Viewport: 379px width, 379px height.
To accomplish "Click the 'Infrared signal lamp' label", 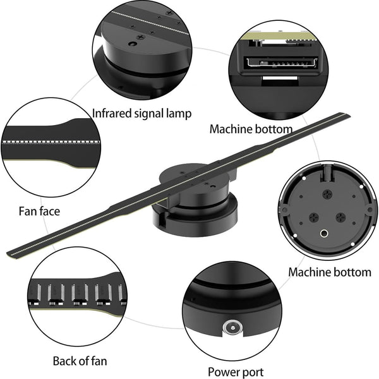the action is point(142,113).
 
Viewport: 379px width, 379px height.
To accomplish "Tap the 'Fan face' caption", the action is point(39,211).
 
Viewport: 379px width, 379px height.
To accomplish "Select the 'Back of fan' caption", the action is point(80,361).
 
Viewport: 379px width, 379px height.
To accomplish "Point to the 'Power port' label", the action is point(236,372).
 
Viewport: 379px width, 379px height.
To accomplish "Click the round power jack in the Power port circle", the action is point(232,328).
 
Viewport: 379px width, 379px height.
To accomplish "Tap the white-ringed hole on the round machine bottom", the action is point(324,234).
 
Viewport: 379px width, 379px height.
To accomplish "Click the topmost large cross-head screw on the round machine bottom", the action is point(327,193).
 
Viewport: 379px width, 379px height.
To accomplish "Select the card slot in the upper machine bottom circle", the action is point(281,63).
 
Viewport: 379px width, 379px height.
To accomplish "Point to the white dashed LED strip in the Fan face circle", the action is point(51,142).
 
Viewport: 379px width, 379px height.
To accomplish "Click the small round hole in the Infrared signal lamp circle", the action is point(132,44).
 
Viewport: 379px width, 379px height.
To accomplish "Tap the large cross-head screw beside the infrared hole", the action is point(141,37).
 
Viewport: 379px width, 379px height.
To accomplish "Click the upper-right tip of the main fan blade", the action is point(349,114).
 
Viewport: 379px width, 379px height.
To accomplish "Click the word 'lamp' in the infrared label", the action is point(179,113).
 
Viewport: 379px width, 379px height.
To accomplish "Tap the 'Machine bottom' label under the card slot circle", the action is point(251,129).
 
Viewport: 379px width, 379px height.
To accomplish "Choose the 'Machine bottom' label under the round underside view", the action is point(330,272).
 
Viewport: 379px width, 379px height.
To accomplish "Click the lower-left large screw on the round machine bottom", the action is point(314,217).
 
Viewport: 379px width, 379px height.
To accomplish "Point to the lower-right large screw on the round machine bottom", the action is point(341,217).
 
